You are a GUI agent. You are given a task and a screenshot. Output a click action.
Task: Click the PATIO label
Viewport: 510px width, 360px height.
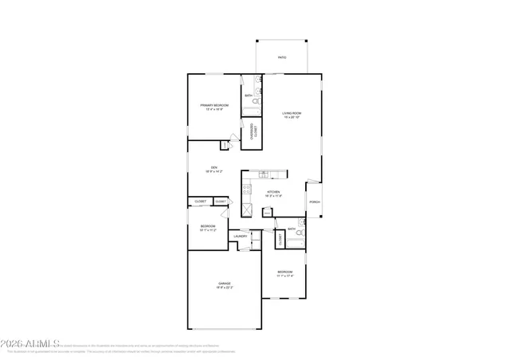281,58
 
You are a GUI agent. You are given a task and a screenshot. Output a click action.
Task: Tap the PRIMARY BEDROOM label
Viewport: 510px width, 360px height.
214,105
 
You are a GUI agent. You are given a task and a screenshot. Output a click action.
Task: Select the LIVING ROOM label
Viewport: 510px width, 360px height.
292,113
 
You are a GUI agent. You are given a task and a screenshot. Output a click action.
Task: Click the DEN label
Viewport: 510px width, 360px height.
214,166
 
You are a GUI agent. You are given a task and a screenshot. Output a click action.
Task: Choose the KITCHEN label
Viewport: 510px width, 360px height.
273,192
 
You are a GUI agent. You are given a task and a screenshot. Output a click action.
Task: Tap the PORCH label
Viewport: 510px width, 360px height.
315,202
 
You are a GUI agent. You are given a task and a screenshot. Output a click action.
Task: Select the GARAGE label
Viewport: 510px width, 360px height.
223,283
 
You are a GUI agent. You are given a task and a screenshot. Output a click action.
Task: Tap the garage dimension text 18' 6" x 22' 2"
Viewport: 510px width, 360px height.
223,288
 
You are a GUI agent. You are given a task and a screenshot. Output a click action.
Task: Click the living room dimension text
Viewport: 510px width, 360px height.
292,118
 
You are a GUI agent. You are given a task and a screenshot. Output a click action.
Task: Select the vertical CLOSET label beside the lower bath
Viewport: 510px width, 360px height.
280,238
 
